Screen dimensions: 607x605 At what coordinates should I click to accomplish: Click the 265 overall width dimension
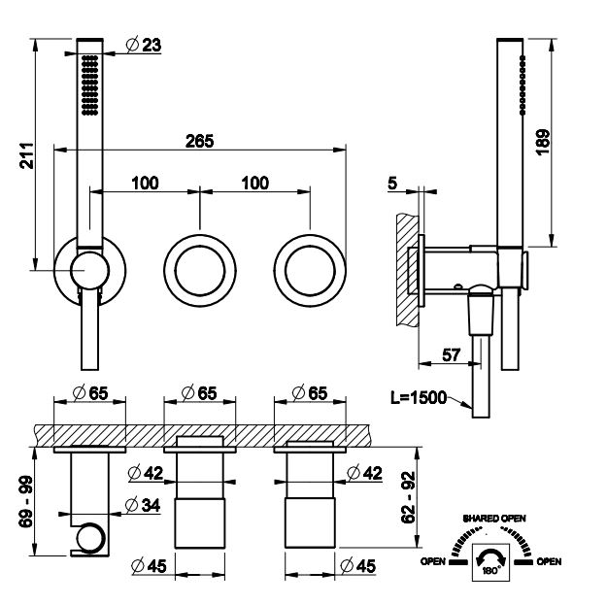(199, 141)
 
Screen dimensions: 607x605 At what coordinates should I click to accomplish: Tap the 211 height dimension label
(27, 155)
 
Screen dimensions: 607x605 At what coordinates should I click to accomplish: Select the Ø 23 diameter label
(144, 45)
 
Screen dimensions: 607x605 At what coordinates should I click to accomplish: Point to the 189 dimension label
(543, 142)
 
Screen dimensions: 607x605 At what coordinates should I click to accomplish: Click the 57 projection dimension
(451, 355)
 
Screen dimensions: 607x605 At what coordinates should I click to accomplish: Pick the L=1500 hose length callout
(419, 397)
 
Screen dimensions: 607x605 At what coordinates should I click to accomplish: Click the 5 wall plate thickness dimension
(392, 184)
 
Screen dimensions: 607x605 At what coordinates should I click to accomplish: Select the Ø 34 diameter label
(143, 505)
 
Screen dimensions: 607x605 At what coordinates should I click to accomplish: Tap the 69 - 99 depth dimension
(26, 502)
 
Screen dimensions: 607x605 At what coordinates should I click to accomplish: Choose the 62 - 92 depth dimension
(408, 498)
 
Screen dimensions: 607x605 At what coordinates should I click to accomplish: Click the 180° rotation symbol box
(490, 561)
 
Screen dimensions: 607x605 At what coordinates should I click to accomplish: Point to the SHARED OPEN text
(494, 519)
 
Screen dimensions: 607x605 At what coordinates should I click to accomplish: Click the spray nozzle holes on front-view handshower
(89, 84)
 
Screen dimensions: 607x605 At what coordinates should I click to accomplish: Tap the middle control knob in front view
(200, 271)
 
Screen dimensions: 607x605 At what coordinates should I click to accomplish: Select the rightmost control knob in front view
(310, 271)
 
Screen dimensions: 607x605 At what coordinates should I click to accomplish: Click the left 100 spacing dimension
(145, 184)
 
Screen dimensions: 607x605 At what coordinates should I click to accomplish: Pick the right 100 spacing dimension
(255, 184)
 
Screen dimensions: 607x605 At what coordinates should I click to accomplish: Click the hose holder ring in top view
(91, 538)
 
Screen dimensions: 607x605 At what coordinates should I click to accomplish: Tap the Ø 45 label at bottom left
(149, 566)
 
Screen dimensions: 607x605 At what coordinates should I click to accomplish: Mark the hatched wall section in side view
(407, 271)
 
